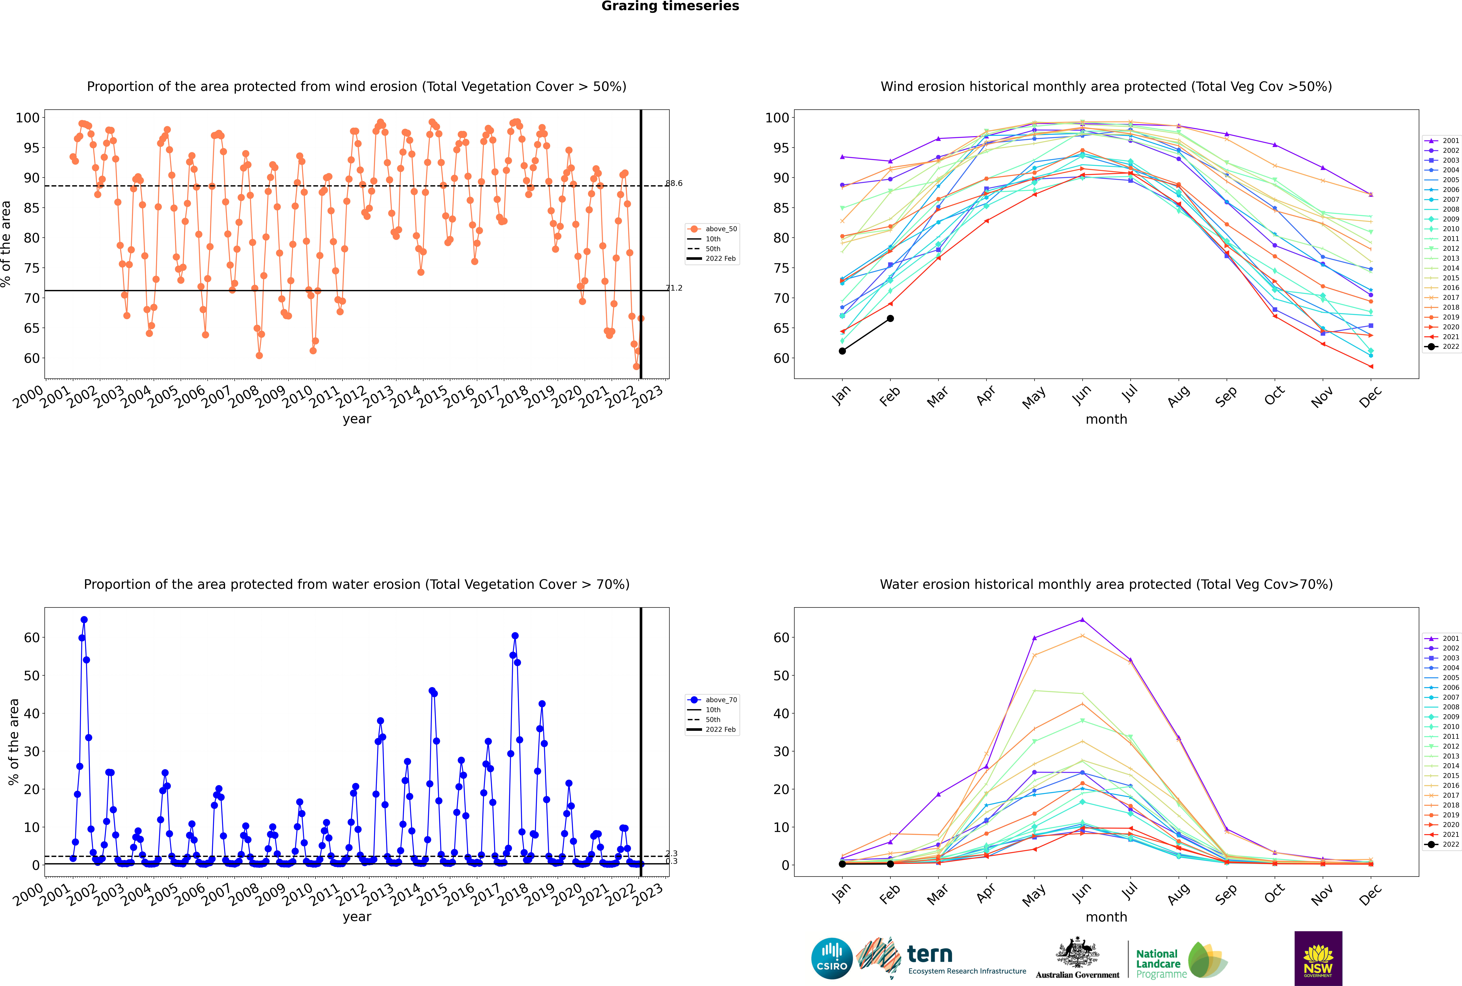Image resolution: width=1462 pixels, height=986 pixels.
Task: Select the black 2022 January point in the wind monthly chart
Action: pyautogui.click(x=842, y=351)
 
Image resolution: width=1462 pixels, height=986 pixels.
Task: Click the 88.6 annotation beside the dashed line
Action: pyautogui.click(x=674, y=184)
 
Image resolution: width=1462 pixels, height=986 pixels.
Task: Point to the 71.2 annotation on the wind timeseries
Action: pyautogui.click(x=674, y=288)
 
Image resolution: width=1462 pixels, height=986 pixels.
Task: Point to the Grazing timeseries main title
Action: pyautogui.click(x=670, y=6)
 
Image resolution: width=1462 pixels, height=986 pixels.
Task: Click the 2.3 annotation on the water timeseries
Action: pyautogui.click(x=671, y=853)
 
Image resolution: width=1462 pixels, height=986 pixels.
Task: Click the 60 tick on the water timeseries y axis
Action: pyautogui.click(x=31, y=638)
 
